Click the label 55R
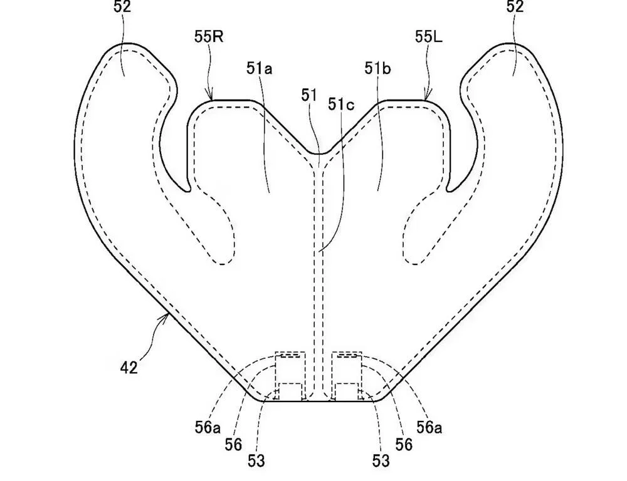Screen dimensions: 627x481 209,37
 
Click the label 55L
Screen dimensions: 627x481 429,37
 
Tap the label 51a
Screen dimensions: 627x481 259,69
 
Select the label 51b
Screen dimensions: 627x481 377,69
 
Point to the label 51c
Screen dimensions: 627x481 341,104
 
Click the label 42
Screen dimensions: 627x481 129,367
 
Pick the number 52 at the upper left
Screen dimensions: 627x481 122,7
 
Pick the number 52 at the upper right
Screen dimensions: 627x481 515,7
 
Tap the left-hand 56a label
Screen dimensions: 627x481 208,428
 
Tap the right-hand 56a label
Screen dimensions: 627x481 429,428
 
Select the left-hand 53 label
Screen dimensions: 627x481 256,460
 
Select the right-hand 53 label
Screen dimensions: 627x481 381,460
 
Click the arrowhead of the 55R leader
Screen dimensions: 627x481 209,96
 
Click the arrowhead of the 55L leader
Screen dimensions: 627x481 427,96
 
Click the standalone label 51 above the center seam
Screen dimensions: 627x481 309,95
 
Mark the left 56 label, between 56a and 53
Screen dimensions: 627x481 233,444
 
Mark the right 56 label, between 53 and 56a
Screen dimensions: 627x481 403,444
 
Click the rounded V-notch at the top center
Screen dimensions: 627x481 319,153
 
